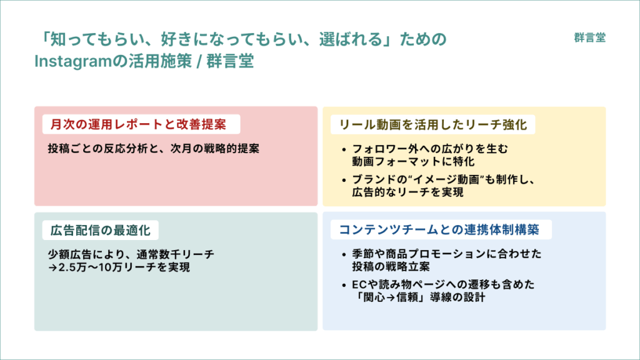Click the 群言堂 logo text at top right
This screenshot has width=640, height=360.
tap(589, 37)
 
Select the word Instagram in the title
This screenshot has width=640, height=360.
tap(73, 62)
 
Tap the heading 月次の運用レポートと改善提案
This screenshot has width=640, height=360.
tap(138, 124)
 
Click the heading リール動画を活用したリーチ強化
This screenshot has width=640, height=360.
tap(433, 124)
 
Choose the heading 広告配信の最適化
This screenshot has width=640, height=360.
tap(101, 231)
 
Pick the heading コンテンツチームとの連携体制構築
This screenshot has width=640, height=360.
tap(439, 230)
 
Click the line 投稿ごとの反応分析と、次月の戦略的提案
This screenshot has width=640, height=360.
tap(154, 148)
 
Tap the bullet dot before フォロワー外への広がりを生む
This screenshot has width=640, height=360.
tap(344, 150)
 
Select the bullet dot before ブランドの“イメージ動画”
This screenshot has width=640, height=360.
tap(344, 180)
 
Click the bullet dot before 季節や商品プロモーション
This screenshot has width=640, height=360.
tap(344, 255)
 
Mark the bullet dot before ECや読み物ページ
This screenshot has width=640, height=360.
tap(344, 285)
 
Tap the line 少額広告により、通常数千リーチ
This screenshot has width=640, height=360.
tap(131, 254)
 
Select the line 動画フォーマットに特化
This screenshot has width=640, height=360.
tap(414, 162)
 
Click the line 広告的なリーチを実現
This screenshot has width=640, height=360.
tap(407, 192)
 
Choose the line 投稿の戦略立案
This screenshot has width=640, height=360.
tap(391, 267)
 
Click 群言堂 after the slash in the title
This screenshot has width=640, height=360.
tap(230, 62)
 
